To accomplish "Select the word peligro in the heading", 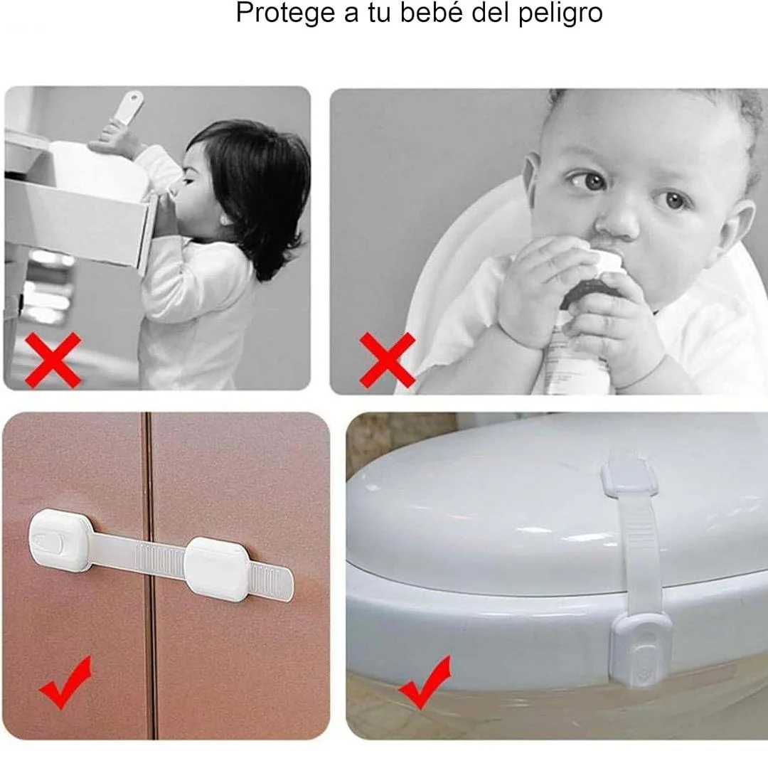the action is [560, 14].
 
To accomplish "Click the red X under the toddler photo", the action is [53, 360].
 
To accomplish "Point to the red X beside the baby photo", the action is [388, 360].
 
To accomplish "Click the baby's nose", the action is [618, 220].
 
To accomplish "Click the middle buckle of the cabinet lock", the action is [218, 569].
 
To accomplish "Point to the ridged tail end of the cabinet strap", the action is [271, 581].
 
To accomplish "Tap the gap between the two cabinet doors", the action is [149, 576].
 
